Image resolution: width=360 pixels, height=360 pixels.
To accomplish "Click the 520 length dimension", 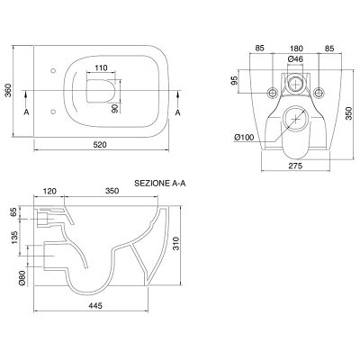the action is tap(100, 145).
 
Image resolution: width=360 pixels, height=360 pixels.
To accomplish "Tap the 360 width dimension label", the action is tap(8, 91).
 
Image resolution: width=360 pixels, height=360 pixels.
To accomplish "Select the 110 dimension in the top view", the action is tap(101, 68).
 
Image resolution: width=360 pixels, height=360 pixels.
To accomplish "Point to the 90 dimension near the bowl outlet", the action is tap(114, 108).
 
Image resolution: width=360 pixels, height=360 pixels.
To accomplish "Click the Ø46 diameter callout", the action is tap(295, 59).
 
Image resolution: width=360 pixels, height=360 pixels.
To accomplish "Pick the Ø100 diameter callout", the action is tap(244, 138).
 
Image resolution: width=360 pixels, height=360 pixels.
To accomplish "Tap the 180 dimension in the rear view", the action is tap(296, 49).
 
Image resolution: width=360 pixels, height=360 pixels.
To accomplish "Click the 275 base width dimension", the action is tap(296, 166).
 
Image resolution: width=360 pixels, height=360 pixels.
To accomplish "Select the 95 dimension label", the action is tap(235, 80).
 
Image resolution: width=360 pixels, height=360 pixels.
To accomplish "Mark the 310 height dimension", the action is tap(175, 244).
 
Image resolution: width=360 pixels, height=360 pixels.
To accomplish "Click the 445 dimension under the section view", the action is tap(95, 305).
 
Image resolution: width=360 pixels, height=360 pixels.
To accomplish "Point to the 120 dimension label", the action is tap(49, 191).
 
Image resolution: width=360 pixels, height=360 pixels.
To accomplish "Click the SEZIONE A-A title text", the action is tap(160, 184).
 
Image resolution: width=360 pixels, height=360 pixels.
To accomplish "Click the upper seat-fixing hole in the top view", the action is tap(53, 71).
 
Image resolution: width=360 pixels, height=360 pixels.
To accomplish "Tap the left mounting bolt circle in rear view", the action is tap(273, 93).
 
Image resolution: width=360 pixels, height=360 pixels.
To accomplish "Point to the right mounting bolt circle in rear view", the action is tap(319, 93).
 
